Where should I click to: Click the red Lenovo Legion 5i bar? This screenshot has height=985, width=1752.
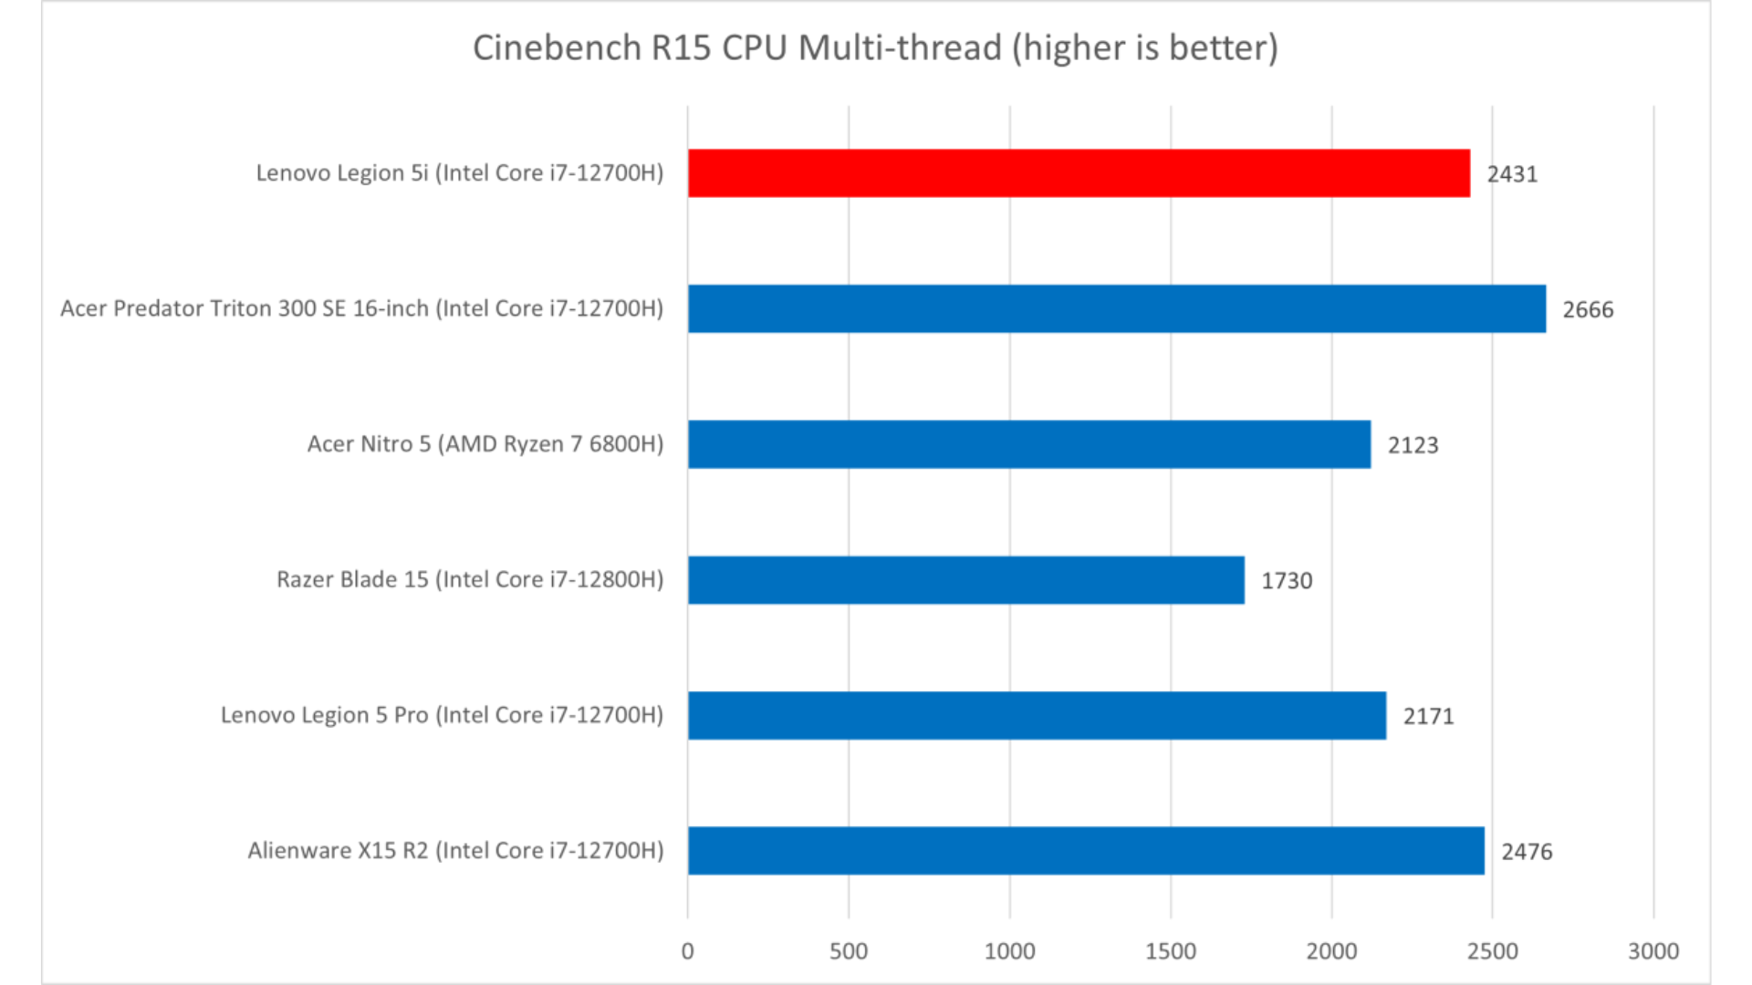click(x=1079, y=173)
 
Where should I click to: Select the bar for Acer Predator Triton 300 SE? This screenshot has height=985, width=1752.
click(x=1116, y=308)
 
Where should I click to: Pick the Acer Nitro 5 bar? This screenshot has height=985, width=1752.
click(x=1028, y=444)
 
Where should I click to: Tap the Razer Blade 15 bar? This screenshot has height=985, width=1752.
click(x=965, y=580)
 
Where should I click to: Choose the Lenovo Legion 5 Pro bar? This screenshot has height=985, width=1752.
click(x=1037, y=715)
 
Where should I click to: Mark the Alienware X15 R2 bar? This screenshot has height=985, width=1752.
click(x=1086, y=851)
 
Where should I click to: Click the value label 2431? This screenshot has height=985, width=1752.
click(x=1512, y=174)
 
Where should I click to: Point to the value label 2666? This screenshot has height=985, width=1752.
click(x=1588, y=310)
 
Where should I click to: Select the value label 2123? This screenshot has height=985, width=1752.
click(x=1413, y=445)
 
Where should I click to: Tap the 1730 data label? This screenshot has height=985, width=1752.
click(x=1287, y=581)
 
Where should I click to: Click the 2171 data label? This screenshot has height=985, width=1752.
click(x=1428, y=716)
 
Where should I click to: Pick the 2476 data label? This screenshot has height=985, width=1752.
click(x=1527, y=852)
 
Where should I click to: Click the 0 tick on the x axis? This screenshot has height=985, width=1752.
click(x=687, y=951)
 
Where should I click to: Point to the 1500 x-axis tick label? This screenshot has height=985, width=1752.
click(x=1170, y=951)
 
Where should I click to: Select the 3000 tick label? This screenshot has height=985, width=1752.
click(x=1653, y=951)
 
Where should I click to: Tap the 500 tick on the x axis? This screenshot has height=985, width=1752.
click(x=848, y=951)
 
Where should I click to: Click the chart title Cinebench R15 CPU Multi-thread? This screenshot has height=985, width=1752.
click(x=875, y=47)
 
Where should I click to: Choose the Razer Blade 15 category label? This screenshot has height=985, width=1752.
click(x=470, y=580)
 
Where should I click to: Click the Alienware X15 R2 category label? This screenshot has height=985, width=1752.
click(x=455, y=851)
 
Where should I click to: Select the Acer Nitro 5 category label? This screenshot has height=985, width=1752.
click(x=485, y=444)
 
